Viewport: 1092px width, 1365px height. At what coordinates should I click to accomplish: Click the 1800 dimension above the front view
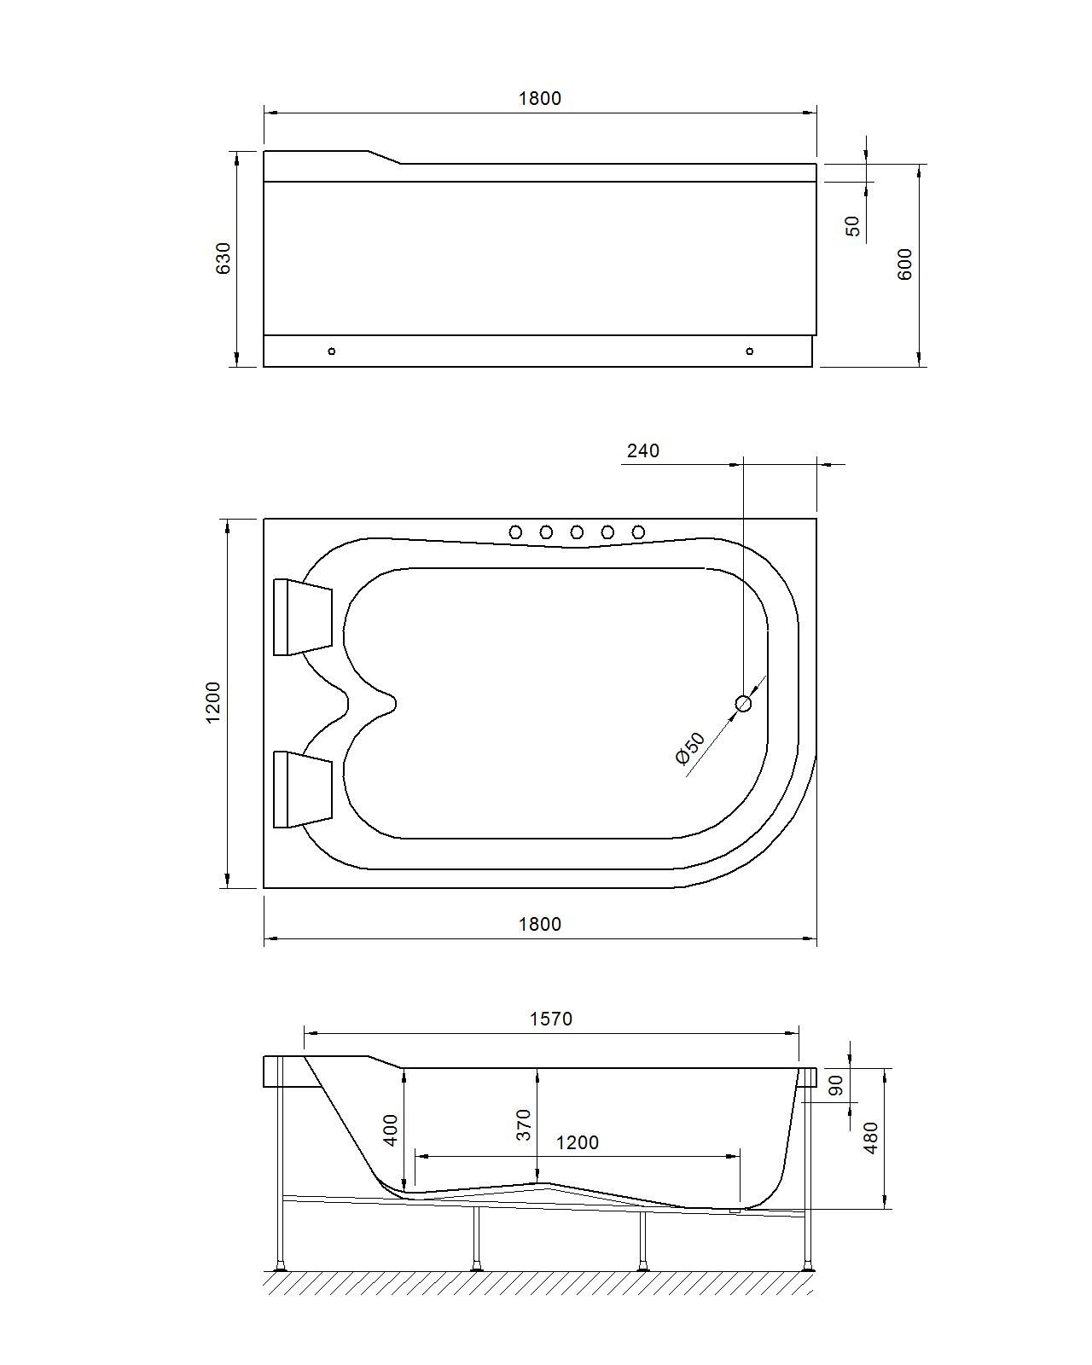(x=540, y=98)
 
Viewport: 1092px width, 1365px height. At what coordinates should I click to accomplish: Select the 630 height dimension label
(x=223, y=258)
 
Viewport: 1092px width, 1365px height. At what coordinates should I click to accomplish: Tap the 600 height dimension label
(x=905, y=264)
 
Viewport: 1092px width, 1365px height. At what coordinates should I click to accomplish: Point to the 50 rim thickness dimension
(x=852, y=226)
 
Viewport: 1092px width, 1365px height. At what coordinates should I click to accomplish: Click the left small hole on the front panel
(x=332, y=351)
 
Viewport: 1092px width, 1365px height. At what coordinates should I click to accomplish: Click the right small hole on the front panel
(x=750, y=351)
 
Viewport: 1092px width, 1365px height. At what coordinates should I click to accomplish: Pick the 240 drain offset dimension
(x=643, y=450)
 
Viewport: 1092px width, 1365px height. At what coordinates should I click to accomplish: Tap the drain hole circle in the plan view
(x=743, y=703)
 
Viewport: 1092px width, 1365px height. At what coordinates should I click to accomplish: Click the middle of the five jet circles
(x=577, y=532)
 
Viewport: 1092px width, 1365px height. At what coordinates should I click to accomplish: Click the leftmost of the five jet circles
(x=515, y=532)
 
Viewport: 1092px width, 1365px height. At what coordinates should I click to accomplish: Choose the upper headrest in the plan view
(x=302, y=617)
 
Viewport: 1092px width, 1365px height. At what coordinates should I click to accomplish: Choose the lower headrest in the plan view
(x=302, y=789)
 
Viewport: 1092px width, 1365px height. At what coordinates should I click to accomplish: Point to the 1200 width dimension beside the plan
(x=212, y=702)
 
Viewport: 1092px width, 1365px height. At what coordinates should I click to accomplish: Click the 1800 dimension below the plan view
(x=540, y=924)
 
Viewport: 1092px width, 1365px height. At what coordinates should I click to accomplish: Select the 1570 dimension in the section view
(x=551, y=1019)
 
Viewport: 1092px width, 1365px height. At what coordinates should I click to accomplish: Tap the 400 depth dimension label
(x=391, y=1130)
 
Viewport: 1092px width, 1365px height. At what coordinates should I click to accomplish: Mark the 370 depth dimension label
(x=524, y=1124)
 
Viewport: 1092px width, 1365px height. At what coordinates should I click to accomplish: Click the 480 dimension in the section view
(x=871, y=1138)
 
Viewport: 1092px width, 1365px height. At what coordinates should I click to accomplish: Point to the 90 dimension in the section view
(x=836, y=1085)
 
